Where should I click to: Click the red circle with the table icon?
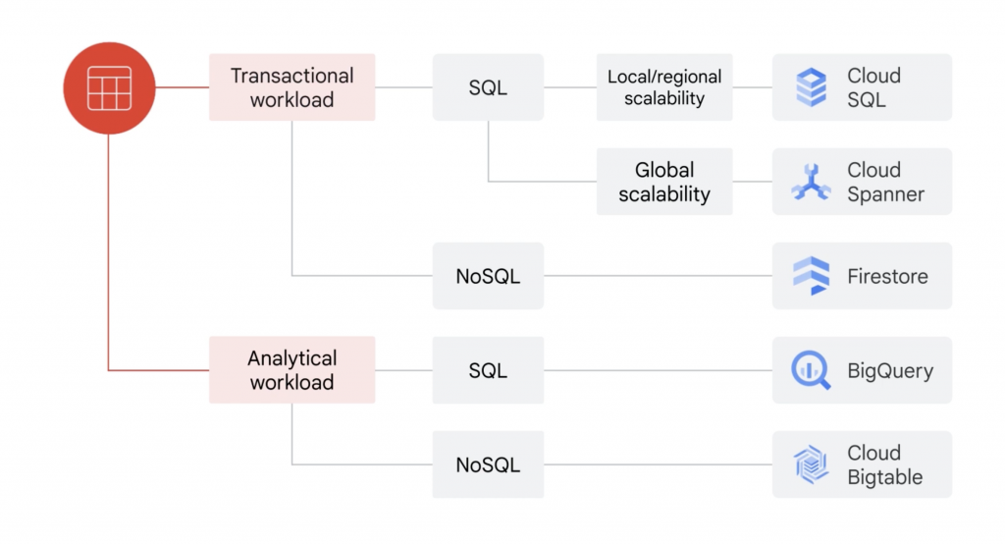(108, 87)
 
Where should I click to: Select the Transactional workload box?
(291, 87)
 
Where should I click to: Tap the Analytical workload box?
(291, 370)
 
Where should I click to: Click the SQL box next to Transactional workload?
(488, 87)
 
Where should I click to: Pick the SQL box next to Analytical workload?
(488, 370)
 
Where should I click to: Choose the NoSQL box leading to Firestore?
(488, 276)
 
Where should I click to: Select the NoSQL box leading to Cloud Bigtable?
(488, 464)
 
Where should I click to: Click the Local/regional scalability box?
(664, 87)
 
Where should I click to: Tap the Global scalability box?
(664, 182)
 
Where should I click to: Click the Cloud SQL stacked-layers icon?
(812, 87)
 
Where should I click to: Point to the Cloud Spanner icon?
(812, 183)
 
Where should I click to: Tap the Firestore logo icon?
(812, 276)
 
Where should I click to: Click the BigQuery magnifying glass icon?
(812, 371)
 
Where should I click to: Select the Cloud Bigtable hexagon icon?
(812, 465)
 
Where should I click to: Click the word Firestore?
(887, 277)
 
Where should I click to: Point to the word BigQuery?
(890, 371)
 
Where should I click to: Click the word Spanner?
(885, 194)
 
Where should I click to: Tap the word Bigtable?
(885, 477)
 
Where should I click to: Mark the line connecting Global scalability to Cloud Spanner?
(753, 182)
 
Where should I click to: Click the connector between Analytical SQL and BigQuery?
(658, 370)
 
